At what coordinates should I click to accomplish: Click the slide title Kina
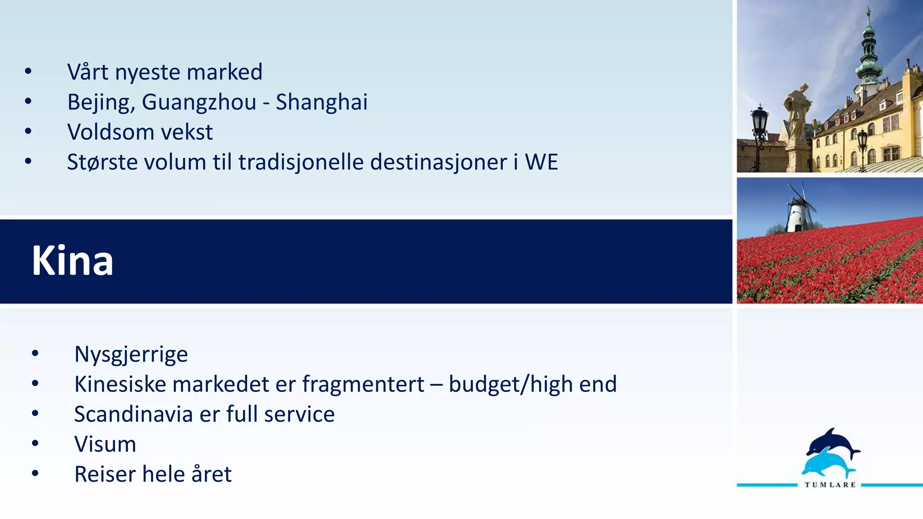tap(72, 261)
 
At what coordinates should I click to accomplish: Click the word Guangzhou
tap(199, 102)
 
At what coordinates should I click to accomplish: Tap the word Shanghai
tap(321, 102)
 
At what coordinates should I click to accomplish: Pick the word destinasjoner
tap(439, 162)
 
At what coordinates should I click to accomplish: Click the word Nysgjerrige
tap(131, 355)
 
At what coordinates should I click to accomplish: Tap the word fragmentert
tap(363, 384)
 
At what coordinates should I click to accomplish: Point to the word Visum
tap(105, 444)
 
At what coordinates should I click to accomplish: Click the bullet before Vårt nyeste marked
tap(28, 71)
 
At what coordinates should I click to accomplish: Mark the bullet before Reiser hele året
tap(36, 473)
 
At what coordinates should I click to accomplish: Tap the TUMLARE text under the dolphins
tap(830, 485)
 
